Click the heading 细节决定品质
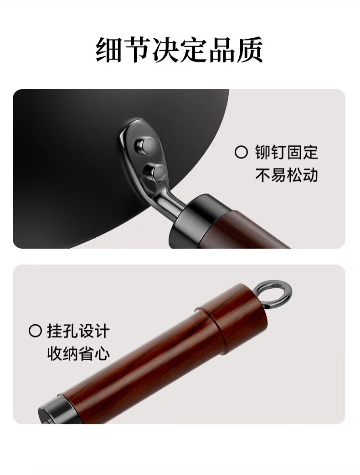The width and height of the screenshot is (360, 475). click(180, 50)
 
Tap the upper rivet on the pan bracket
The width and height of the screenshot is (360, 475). click(146, 146)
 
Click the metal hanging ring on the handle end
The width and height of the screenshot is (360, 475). click(273, 294)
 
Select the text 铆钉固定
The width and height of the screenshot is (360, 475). click(286, 152)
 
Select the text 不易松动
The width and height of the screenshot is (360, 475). click(286, 175)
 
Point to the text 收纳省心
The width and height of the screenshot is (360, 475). click(78, 353)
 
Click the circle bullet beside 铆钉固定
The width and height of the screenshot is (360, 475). click(241, 152)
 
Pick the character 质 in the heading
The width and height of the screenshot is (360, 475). click(250, 50)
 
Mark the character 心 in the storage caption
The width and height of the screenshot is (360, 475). click(102, 353)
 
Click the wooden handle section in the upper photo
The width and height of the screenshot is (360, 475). click(242, 230)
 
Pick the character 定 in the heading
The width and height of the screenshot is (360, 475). click(194, 50)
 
